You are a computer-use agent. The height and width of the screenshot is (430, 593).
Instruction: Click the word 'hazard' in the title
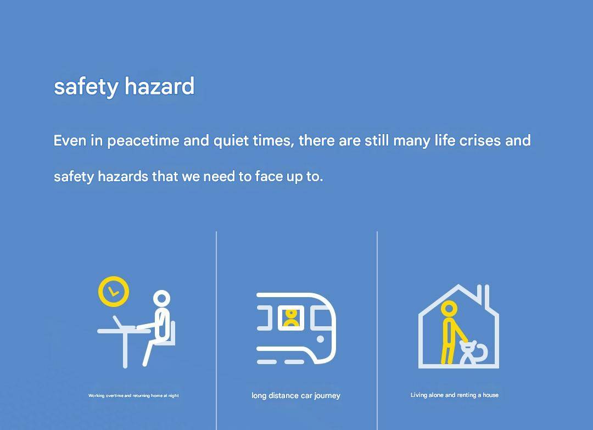coord(159,86)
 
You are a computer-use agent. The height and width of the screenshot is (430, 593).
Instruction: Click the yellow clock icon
coord(114,291)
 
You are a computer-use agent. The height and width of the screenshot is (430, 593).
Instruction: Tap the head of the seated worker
coord(161,299)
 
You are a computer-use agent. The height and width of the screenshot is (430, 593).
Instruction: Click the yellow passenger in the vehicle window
coord(291,317)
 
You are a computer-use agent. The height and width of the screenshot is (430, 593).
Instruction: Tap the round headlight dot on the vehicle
coord(320,339)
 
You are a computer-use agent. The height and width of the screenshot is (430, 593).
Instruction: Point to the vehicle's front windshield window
coord(322,317)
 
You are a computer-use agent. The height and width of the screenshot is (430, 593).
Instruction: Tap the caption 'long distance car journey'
coord(296,395)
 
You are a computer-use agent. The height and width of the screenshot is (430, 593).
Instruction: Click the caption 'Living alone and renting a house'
coord(455,395)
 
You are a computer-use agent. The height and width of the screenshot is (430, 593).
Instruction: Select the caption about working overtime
coord(133,395)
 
